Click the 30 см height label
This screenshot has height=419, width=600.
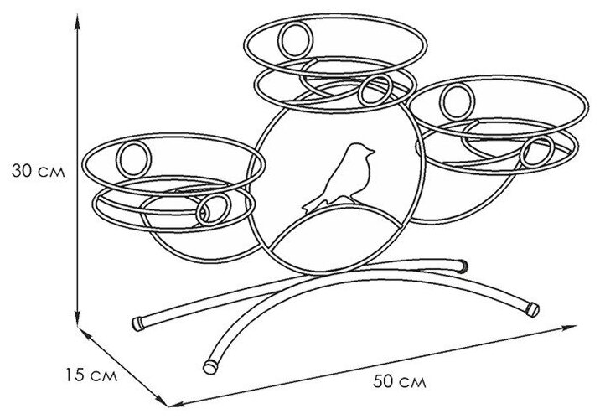[x=35, y=170]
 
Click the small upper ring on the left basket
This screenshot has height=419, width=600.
[x=133, y=158]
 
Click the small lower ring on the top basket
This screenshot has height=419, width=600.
[x=376, y=91]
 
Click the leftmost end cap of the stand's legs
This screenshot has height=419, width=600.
[x=139, y=323]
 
